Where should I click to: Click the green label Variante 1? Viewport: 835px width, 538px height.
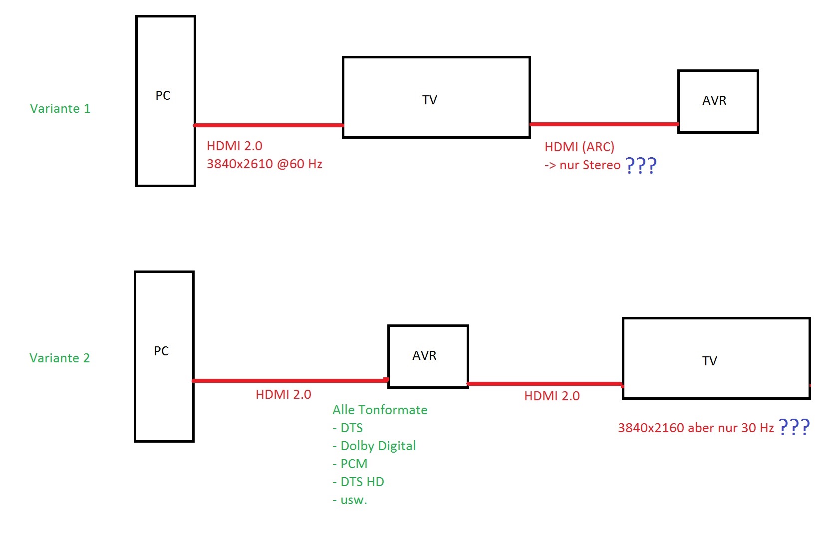pos(60,108)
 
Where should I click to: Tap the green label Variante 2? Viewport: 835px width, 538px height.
pos(59,358)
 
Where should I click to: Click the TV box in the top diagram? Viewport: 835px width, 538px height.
pos(436,97)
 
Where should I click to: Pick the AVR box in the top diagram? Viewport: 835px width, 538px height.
pos(718,101)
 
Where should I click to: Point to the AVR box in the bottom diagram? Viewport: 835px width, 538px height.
pos(428,356)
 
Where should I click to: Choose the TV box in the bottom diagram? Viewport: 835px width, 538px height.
pos(716,358)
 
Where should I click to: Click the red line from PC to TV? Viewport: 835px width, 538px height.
pos(269,125)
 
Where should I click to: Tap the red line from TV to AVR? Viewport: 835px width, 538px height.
pos(604,124)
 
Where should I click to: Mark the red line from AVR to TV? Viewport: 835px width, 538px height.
pos(545,384)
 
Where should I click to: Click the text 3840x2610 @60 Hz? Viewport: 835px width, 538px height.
pos(265,164)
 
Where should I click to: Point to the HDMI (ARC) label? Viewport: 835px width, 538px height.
pos(579,147)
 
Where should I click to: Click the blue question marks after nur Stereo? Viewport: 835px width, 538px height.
pos(641,165)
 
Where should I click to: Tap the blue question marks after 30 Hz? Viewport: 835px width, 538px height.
pos(794,427)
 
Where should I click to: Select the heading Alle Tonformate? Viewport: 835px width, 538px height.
pos(380,410)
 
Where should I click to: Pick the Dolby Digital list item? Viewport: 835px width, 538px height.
pos(374,446)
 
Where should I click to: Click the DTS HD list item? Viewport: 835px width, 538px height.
pos(358,482)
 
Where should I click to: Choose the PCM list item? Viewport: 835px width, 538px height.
pos(350,464)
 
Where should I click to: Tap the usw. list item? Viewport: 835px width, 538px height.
pos(350,500)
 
